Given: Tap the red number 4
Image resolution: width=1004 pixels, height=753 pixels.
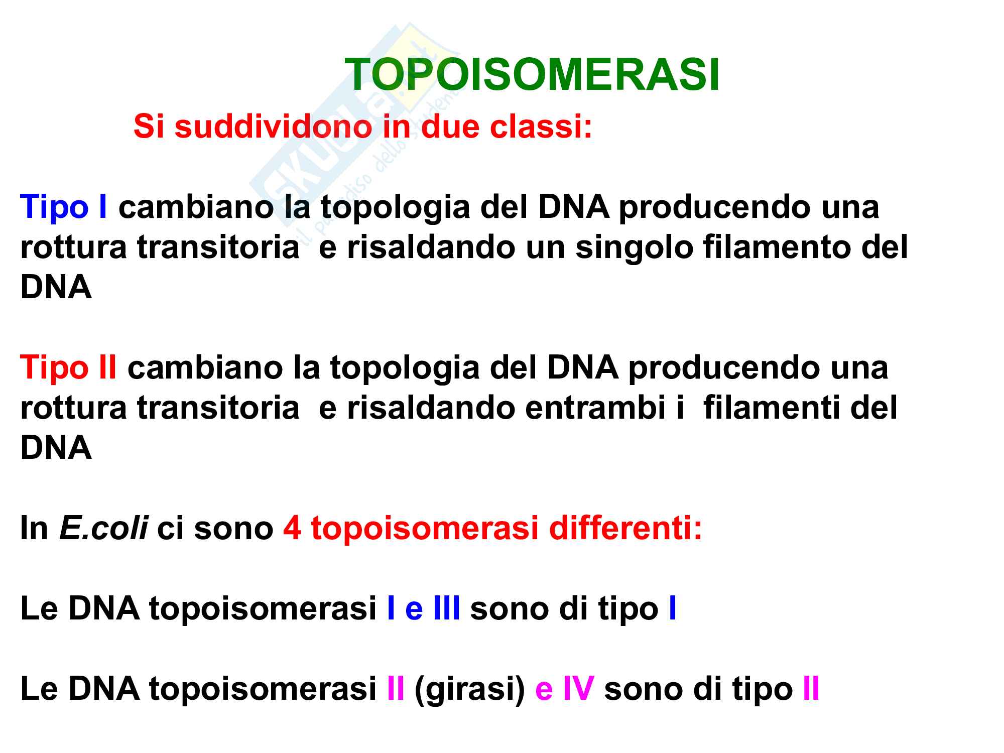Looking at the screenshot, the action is click(x=292, y=529).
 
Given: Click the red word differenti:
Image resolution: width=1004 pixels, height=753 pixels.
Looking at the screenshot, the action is click(x=625, y=528).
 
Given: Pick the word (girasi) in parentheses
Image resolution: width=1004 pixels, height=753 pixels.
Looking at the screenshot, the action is click(x=470, y=689).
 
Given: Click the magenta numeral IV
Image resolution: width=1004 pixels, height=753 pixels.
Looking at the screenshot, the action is click(x=579, y=689).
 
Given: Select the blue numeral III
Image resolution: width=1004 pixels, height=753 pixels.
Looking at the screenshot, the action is click(x=446, y=608).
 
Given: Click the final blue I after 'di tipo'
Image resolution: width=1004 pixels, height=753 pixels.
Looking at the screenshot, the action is click(x=673, y=608).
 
